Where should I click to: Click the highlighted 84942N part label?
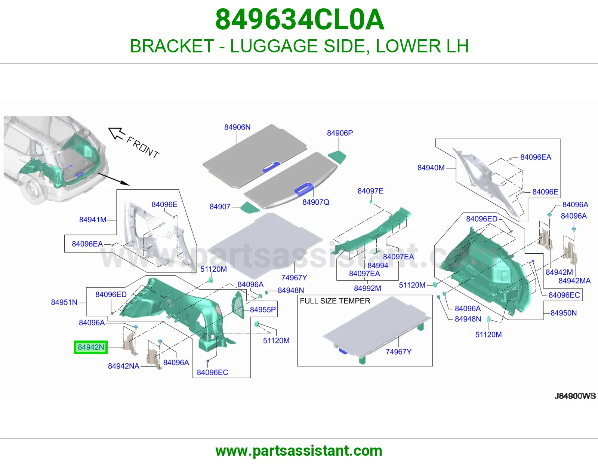[91, 347]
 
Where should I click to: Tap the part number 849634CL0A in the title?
[299, 19]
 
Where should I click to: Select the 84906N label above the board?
[237, 127]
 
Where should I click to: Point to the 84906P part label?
[340, 133]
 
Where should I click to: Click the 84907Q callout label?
[316, 202]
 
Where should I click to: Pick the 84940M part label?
[431, 168]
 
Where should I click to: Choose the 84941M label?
[93, 220]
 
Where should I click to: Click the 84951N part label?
[64, 302]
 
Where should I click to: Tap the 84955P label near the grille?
[263, 310]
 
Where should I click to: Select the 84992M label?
[367, 289]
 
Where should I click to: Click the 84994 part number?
[377, 266]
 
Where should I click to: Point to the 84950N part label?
[563, 313]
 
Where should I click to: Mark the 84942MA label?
[574, 281]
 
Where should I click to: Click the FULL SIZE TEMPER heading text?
[335, 301]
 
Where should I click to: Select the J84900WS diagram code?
[575, 396]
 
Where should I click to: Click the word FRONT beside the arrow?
[142, 148]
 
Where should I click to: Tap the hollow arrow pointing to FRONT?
[117, 134]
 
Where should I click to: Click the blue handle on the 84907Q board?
[304, 189]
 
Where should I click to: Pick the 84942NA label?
[124, 366]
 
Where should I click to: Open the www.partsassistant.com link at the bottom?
[299, 451]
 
